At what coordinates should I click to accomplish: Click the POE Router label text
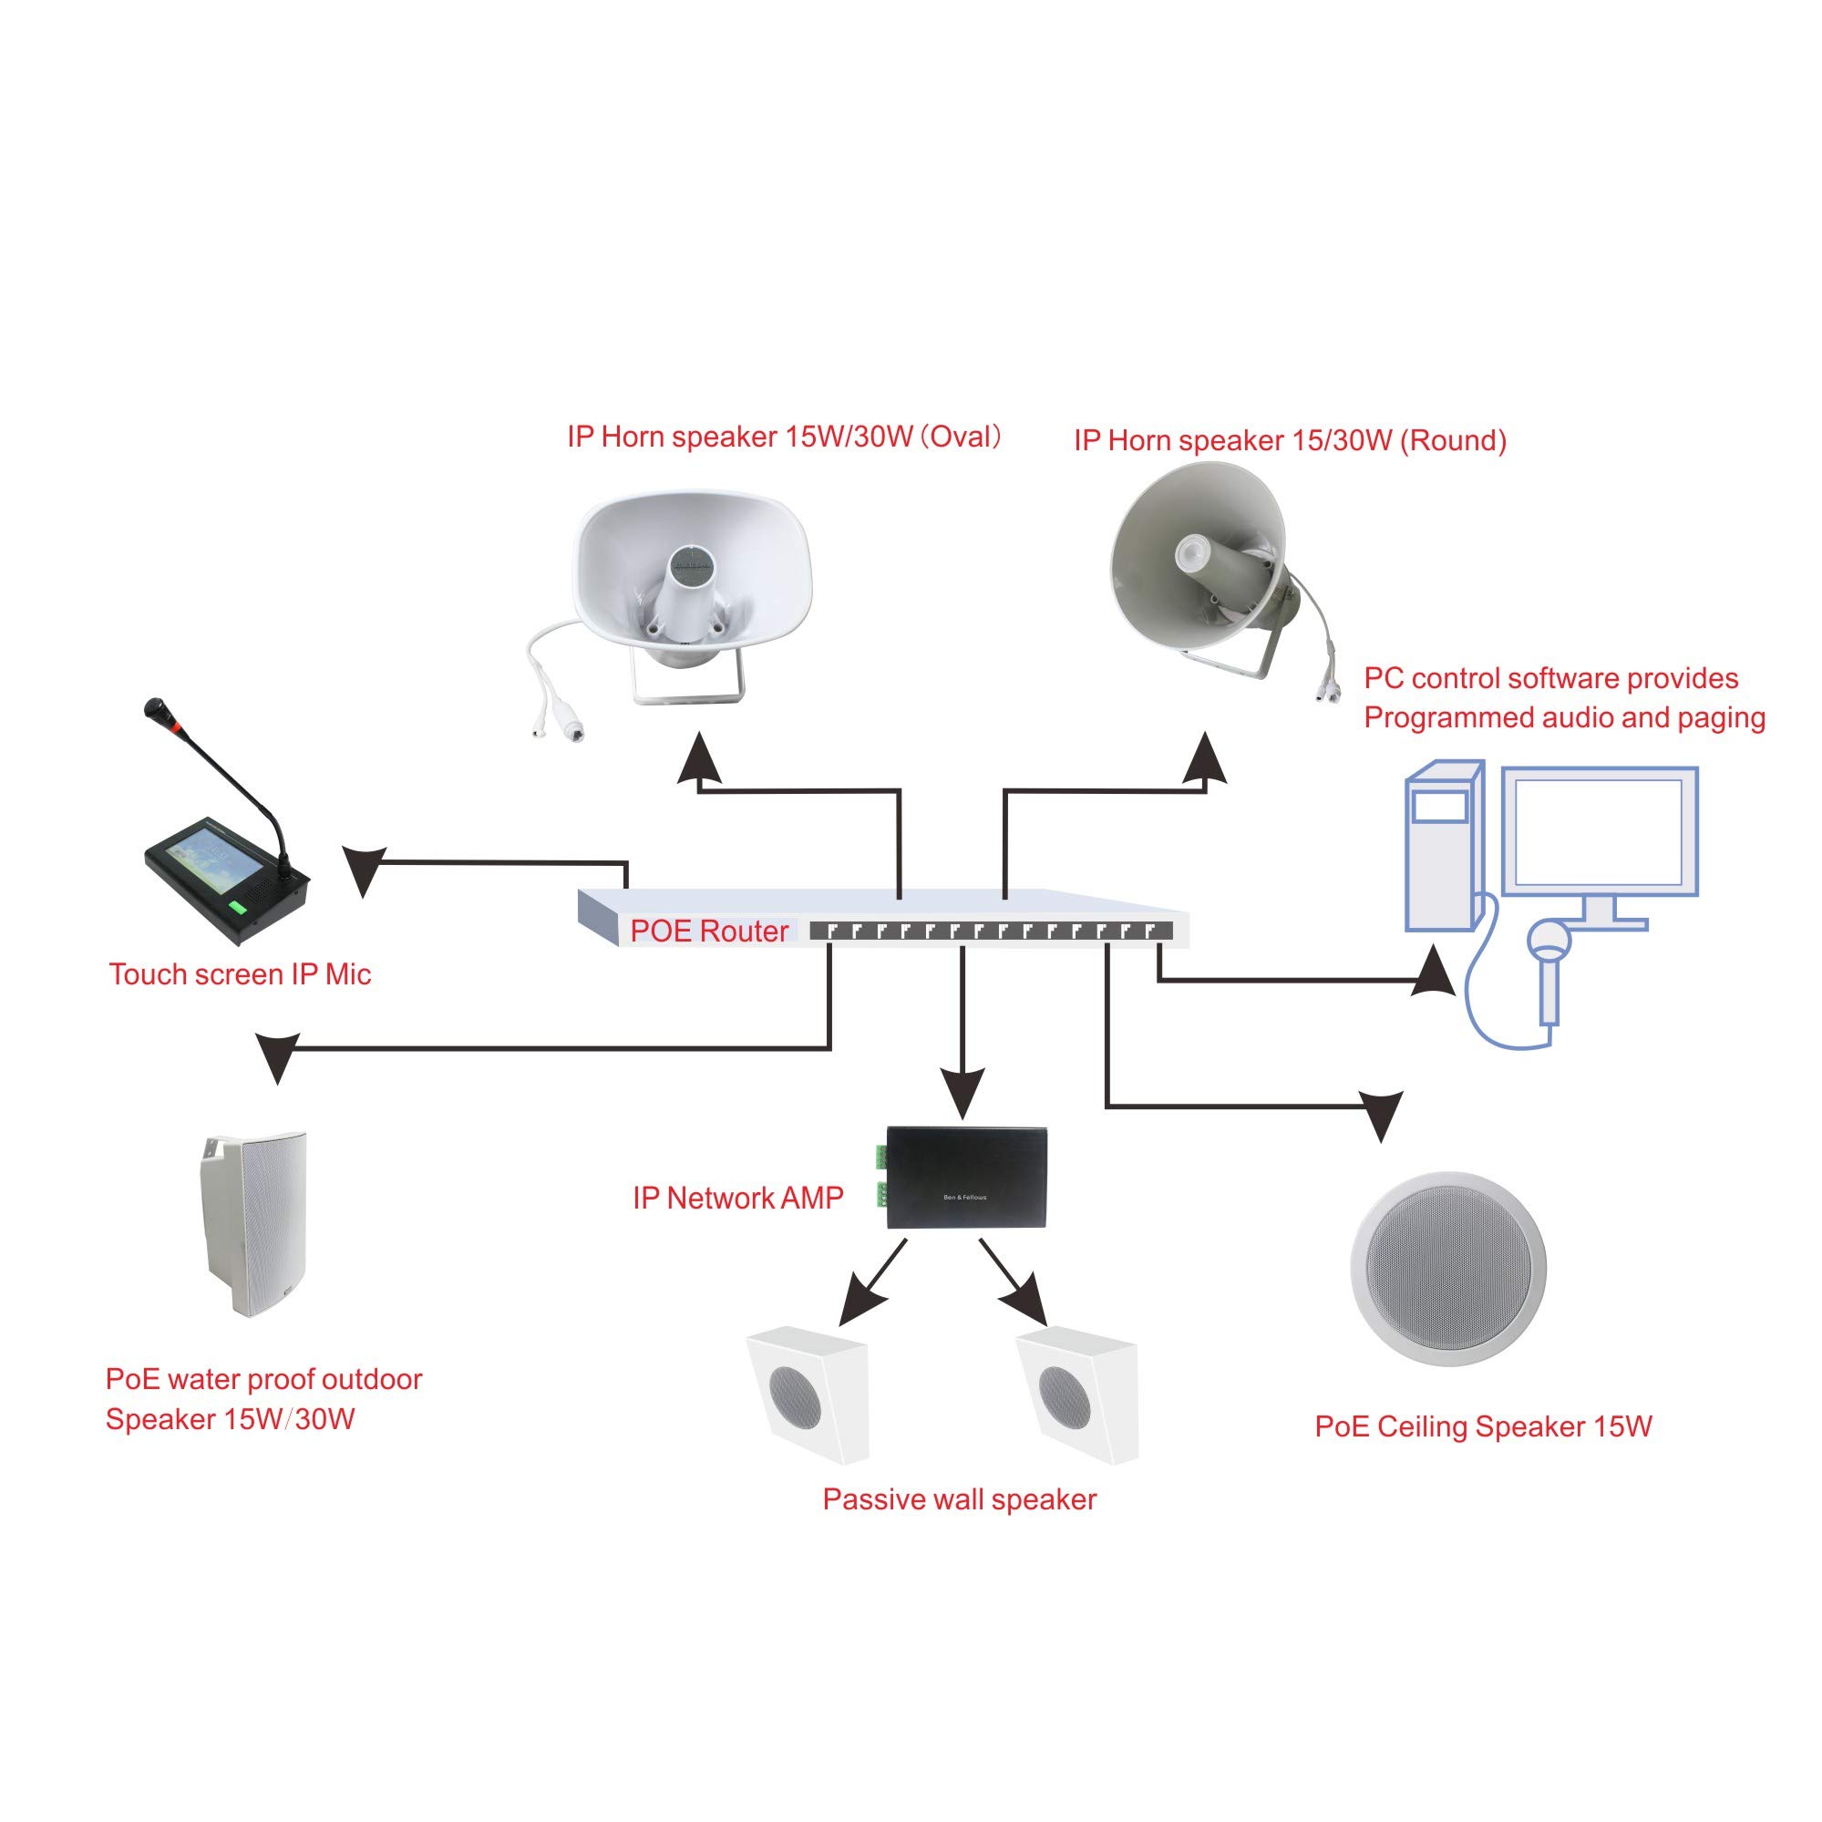(x=708, y=931)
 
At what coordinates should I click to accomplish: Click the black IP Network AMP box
(x=967, y=1177)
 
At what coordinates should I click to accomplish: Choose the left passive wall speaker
(x=808, y=1395)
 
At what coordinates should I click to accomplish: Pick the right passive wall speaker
(x=1078, y=1395)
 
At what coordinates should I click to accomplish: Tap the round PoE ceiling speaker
(x=1447, y=1270)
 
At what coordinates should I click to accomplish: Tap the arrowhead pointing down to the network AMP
(x=962, y=1092)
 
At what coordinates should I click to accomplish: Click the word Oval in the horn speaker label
(x=961, y=437)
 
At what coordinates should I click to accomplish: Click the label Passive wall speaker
(x=959, y=1499)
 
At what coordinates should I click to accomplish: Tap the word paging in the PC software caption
(x=1722, y=718)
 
